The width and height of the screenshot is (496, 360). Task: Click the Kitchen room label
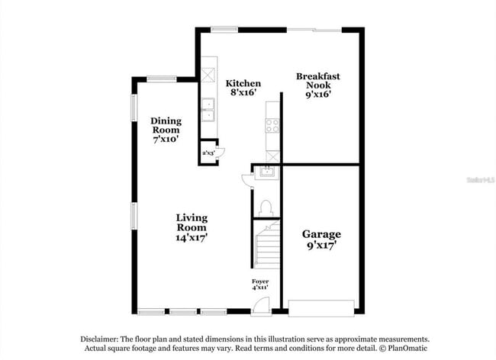(243, 83)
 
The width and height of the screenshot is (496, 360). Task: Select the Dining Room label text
(165, 125)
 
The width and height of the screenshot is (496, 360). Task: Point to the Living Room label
(192, 222)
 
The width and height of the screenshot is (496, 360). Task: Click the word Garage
(321, 234)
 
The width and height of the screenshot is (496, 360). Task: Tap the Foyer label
(260, 282)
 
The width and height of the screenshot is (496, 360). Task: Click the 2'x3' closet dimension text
(208, 153)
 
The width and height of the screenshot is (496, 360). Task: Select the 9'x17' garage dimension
(321, 246)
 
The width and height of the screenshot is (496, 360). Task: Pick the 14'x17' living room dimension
(192, 237)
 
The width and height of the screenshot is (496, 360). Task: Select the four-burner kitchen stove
(272, 126)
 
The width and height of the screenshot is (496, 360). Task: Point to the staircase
(266, 246)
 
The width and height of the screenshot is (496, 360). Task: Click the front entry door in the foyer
(260, 307)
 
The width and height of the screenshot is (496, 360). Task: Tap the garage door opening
(321, 310)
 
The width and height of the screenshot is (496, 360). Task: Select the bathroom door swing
(246, 180)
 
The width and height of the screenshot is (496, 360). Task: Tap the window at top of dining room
(162, 78)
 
